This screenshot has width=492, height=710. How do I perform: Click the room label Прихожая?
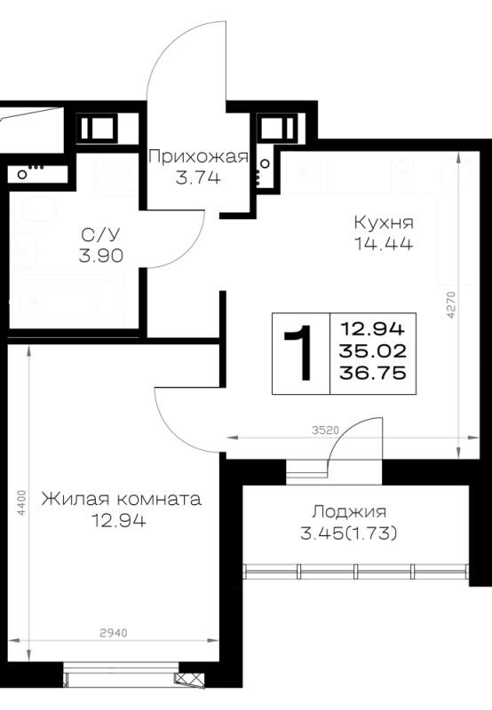tap(198, 157)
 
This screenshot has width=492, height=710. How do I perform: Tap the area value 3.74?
tap(198, 177)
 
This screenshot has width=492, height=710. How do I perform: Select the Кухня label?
tap(384, 223)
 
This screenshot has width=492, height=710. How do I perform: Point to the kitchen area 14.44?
tap(384, 243)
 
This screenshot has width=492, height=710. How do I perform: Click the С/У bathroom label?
tap(100, 234)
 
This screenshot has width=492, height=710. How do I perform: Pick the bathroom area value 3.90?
tap(101, 256)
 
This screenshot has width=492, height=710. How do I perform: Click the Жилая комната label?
tap(121, 499)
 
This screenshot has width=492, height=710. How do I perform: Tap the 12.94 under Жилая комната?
tap(119, 520)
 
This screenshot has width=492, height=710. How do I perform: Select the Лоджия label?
tap(349, 512)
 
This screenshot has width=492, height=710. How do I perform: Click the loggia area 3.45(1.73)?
tap(349, 534)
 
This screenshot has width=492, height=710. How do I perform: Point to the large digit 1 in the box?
tap(299, 353)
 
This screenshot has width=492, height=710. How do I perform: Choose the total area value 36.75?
tap(373, 373)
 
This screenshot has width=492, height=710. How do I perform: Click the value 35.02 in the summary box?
tap(373, 351)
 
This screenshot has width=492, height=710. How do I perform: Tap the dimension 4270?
tap(450, 304)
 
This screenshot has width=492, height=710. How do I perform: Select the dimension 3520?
tap(325, 430)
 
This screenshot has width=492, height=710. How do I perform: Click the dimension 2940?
tap(114, 633)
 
